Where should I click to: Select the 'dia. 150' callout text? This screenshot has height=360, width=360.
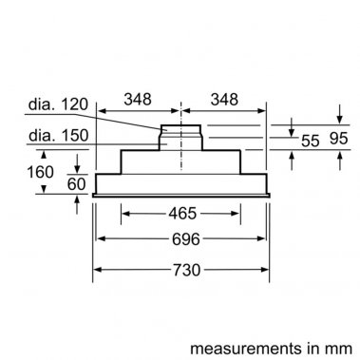(x=59, y=136)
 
